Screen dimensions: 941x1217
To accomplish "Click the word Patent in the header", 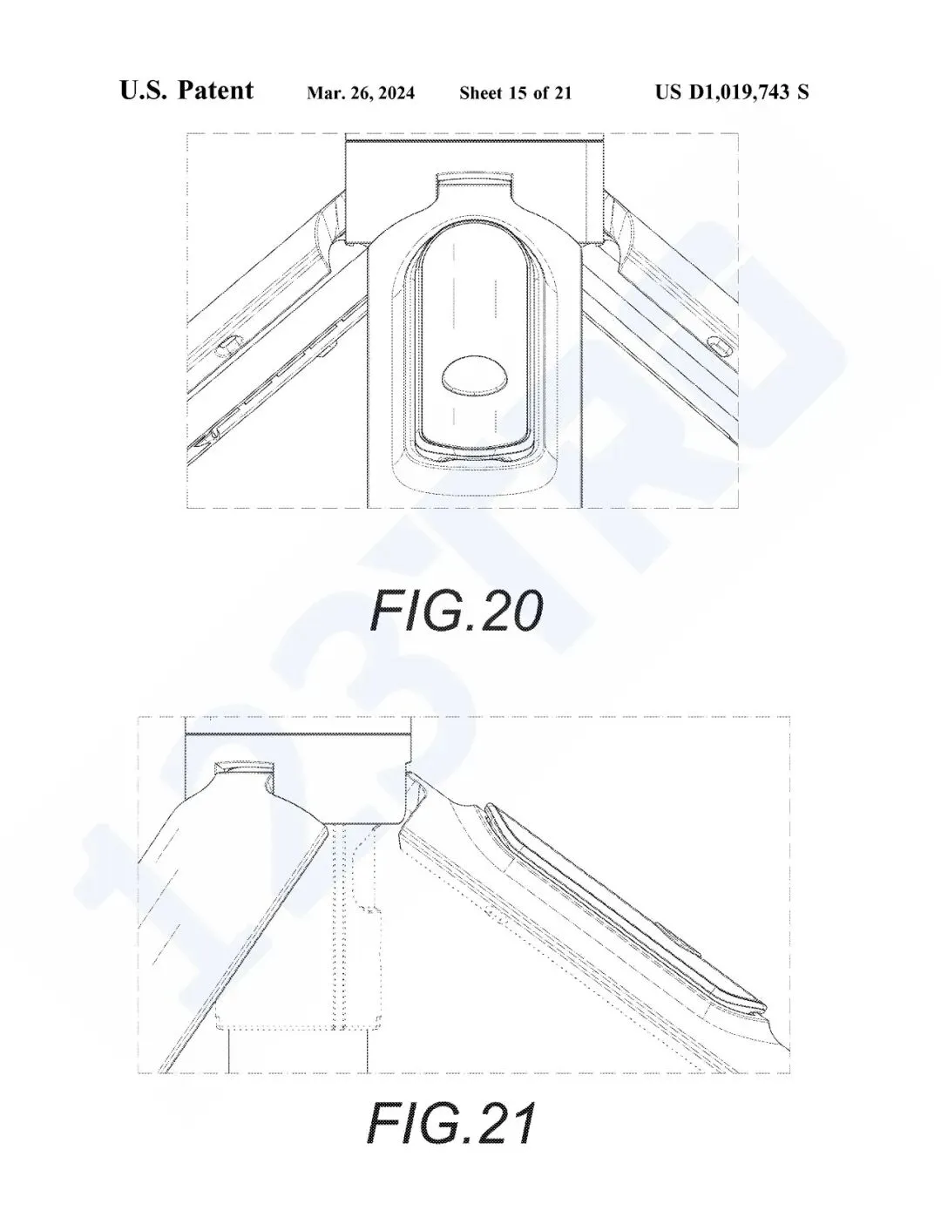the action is point(216,91).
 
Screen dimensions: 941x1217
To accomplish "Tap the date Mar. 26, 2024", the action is point(361,93).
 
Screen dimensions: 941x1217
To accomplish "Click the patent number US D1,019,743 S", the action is point(732,91).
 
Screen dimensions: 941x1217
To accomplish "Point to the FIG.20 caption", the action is point(456,611).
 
